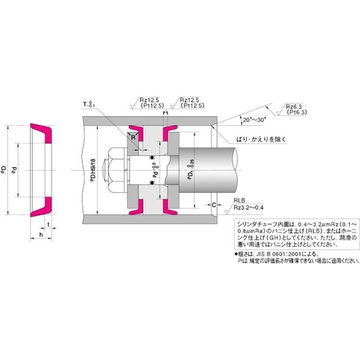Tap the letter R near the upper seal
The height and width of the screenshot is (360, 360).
133,138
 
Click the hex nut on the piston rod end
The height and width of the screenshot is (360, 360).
120,168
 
